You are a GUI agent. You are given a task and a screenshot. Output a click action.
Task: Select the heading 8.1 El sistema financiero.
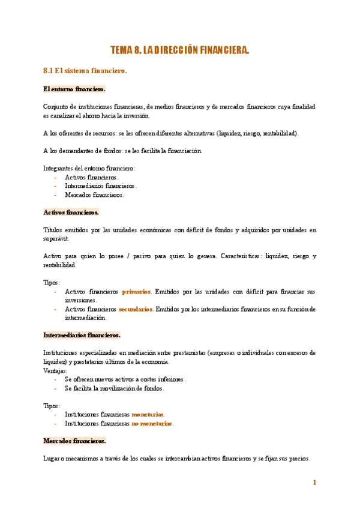coord(85,71)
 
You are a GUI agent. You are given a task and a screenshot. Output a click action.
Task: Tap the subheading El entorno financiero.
coord(74,89)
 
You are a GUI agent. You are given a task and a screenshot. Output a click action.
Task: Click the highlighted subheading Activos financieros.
coord(71,212)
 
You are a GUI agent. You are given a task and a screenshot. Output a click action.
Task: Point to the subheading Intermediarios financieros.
coord(82,335)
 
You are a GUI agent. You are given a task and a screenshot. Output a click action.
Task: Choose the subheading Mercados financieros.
coord(74,441)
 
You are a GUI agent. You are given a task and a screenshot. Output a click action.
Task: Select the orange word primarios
coord(137,292)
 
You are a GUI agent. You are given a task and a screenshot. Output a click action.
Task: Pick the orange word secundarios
coord(136,309)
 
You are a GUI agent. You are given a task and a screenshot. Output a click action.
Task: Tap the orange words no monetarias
coord(152,423)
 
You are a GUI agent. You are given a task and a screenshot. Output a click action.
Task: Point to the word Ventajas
coord(55,370)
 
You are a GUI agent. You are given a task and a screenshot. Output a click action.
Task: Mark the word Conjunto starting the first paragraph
coord(56,107)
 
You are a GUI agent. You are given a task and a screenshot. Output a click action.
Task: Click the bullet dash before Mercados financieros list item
coord(55,194)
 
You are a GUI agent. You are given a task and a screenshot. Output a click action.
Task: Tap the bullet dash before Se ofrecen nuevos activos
coord(55,379)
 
